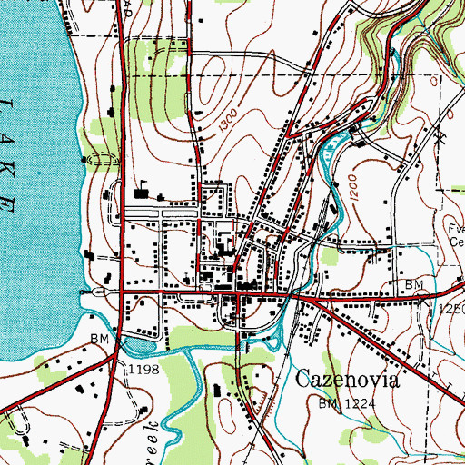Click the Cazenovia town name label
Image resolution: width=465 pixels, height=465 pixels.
348,380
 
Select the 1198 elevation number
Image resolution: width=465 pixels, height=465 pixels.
143,368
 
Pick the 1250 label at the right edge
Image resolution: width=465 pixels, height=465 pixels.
450,310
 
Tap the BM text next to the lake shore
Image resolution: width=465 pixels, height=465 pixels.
100,340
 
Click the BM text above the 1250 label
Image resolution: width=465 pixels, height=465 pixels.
415,285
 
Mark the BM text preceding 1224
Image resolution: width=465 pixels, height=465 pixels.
328,401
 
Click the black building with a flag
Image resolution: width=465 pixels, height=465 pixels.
141,192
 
